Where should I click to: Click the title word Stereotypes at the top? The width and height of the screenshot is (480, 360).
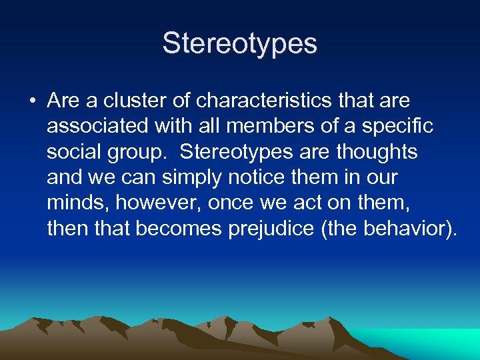click(240, 44)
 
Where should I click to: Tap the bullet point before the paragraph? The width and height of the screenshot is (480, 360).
click(33, 101)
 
